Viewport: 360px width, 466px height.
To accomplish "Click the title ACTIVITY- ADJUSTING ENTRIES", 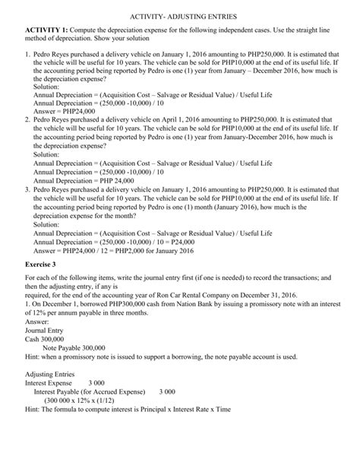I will [x=180, y=15].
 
